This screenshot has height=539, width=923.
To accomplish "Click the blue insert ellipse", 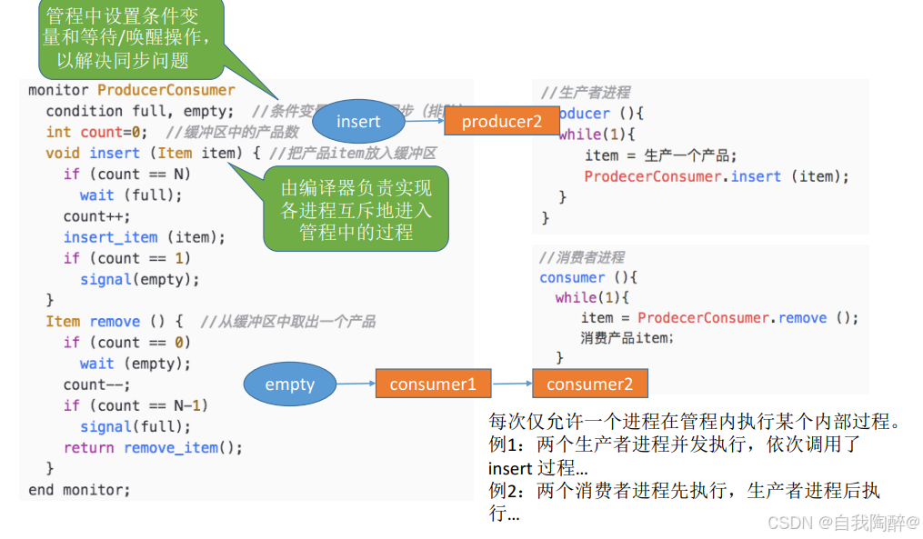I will point(357,121).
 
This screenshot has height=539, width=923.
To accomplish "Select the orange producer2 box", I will point(501,121).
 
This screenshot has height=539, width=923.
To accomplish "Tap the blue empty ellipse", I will point(289,384).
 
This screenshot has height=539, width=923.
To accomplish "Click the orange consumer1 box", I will point(433,384).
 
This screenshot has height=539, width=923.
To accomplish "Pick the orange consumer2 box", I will point(589,384).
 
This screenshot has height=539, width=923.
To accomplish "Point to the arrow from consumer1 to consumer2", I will point(512,384).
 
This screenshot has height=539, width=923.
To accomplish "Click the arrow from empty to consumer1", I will point(356,384).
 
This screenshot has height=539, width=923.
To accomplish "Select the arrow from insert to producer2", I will point(424,121).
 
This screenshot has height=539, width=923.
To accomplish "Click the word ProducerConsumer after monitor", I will point(166,90).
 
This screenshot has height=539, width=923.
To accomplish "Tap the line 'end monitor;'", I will point(79,490).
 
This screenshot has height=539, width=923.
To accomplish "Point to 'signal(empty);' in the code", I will point(139,280).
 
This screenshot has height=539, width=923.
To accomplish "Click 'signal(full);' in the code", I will point(135,426).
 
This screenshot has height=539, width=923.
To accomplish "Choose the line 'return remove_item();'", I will point(153,447).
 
